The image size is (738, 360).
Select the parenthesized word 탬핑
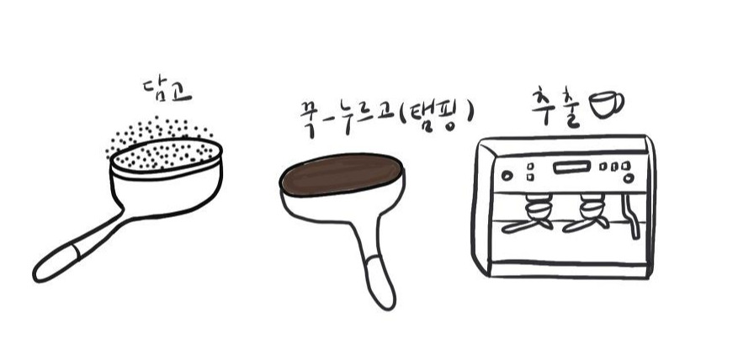(x=435, y=116)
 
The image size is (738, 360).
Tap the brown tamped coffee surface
(x=342, y=173)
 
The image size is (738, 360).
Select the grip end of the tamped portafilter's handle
(x=380, y=283)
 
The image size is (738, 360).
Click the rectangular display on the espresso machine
(x=571, y=167)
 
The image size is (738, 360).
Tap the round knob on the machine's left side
(x=507, y=176)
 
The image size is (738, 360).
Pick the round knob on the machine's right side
(x=629, y=178)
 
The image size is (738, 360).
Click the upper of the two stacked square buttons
(x=530, y=166)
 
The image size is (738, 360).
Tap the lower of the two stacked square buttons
(x=530, y=177)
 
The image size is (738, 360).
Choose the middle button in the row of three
(x=614, y=167)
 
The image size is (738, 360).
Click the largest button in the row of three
(x=625, y=166)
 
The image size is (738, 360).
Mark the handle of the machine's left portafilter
(x=520, y=227)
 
